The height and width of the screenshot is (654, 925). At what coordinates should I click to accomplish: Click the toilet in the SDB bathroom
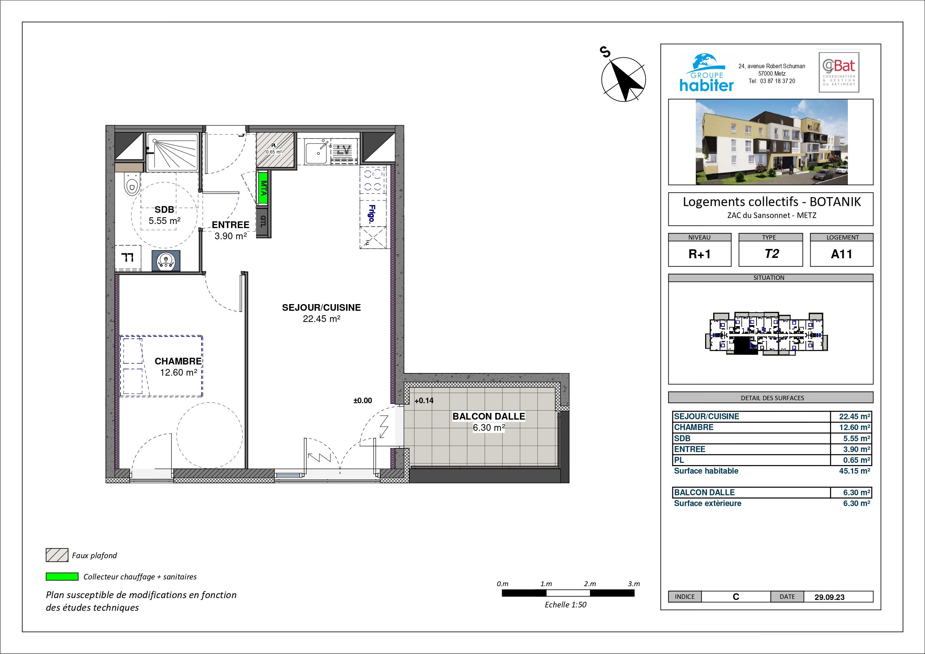point(132,184)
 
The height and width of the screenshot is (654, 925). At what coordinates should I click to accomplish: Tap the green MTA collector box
point(263,188)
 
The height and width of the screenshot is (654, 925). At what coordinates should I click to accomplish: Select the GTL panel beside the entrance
point(263,221)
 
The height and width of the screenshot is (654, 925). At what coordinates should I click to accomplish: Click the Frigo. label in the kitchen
point(372,214)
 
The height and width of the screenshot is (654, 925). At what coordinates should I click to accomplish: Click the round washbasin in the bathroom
point(165,261)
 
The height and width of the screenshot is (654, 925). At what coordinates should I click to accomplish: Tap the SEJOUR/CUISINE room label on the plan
point(322,307)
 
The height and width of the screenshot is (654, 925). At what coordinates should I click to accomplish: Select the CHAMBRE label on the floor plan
point(178,361)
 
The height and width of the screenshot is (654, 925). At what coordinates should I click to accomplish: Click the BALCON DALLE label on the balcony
point(489,416)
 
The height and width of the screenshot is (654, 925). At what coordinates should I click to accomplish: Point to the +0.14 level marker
point(424,401)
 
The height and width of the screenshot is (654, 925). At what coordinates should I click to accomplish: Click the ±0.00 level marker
point(363,401)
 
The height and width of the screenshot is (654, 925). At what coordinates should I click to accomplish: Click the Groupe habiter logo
point(706,73)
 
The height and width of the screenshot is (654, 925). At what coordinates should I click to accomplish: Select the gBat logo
point(839,72)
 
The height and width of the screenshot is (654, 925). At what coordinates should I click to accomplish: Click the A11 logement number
point(842,254)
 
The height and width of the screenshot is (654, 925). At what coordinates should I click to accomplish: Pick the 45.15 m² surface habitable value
point(855,471)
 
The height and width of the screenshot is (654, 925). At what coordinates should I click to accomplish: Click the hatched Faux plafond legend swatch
point(57,555)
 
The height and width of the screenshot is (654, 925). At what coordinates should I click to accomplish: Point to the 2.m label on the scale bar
point(590,584)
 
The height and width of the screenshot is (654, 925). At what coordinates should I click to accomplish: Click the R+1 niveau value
point(700,254)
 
